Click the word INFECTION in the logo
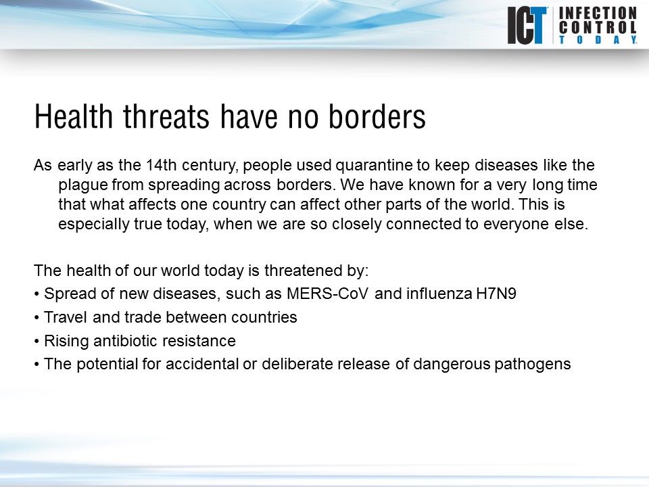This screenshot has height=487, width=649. click(597, 13)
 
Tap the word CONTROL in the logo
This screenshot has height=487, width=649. click(597, 28)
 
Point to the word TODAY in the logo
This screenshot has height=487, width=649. click(597, 41)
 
